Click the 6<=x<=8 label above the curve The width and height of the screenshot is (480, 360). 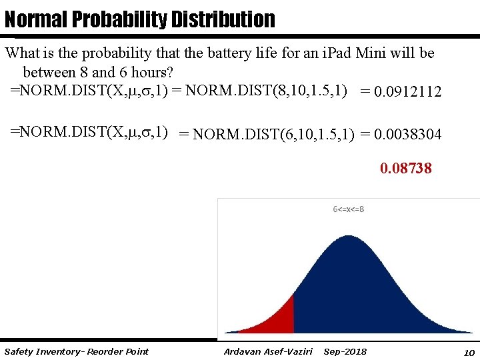point(348,209)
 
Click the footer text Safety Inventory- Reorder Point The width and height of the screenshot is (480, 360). point(76,351)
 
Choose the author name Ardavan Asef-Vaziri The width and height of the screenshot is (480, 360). point(268,351)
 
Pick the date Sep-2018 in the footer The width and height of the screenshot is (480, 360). point(345,351)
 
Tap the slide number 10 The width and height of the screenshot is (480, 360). point(469,352)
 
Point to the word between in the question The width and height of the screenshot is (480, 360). point(49,71)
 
